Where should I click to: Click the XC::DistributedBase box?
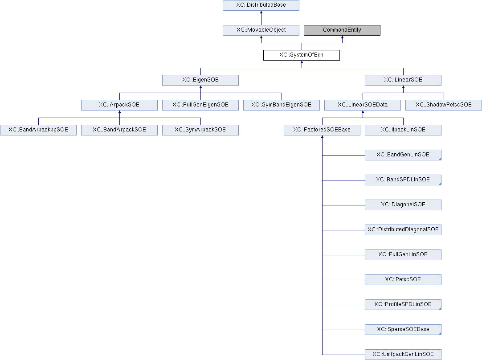[261, 5]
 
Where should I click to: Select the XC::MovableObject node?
[261, 30]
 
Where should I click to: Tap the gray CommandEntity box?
[342, 30]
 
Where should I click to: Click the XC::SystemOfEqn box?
[302, 55]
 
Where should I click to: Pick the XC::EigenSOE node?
[200, 80]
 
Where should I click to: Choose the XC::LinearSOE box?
[403, 80]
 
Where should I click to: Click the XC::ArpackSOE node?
[119, 105]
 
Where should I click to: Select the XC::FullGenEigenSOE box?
[200, 105]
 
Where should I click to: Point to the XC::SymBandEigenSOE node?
[281, 105]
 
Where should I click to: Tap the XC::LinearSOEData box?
[363, 105]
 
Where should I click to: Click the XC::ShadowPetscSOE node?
[444, 105]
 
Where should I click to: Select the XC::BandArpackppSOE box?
[38, 130]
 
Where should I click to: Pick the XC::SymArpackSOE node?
[200, 130]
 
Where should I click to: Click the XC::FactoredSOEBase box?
[322, 130]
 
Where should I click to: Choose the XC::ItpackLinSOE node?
[403, 130]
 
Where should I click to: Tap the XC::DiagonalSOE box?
[403, 205]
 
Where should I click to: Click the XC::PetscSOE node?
[403, 279]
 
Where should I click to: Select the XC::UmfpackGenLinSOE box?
[403, 355]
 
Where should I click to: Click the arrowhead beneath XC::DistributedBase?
[261, 12]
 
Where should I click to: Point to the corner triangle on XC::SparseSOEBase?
[440, 333]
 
